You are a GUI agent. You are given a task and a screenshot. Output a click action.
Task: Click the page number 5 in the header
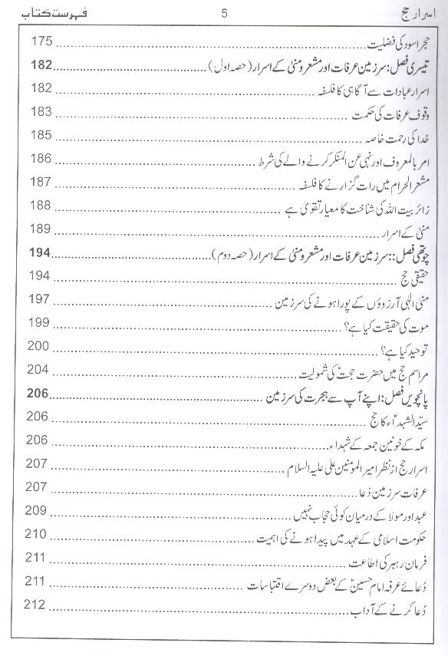(224, 12)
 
